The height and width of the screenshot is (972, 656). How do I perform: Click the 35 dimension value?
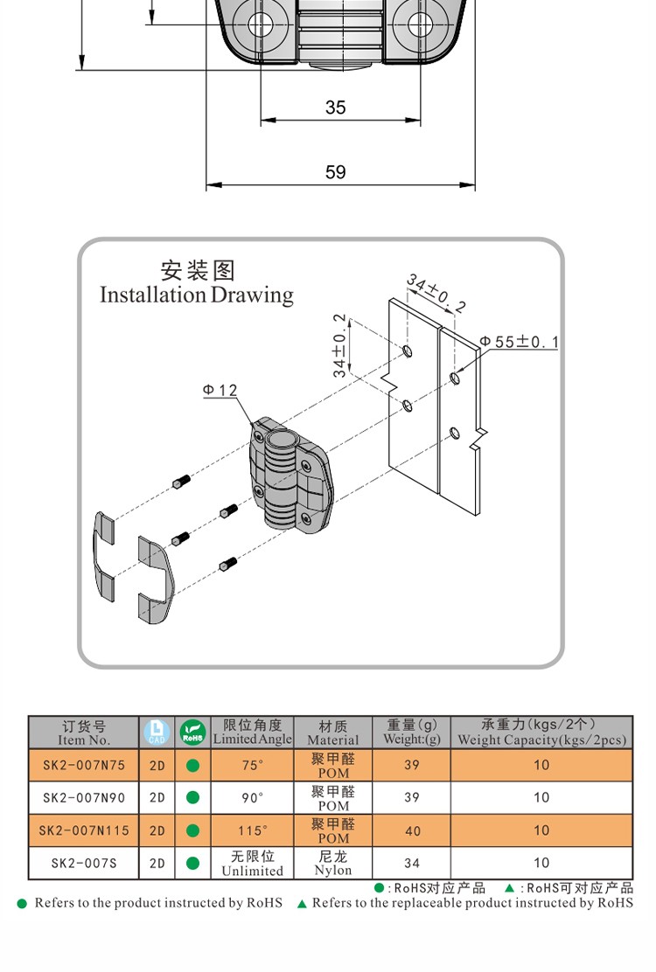click(336, 108)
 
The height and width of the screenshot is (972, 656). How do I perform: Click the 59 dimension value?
click(336, 172)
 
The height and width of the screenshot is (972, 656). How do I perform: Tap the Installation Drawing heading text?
click(197, 295)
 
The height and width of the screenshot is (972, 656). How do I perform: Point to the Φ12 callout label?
click(220, 390)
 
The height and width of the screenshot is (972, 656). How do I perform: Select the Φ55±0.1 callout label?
click(518, 342)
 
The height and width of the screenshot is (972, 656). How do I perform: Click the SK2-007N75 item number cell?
click(84, 765)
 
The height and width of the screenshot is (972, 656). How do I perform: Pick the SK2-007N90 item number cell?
click(84, 797)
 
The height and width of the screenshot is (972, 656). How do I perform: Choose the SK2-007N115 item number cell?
click(84, 830)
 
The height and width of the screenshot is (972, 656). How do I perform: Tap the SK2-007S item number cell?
click(84, 863)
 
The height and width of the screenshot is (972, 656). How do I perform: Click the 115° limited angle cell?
click(252, 830)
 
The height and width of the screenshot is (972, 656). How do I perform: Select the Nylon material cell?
click(333, 863)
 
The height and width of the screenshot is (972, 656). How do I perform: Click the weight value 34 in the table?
click(412, 863)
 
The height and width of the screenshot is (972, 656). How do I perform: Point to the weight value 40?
click(412, 830)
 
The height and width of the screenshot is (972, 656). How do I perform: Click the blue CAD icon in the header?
click(157, 732)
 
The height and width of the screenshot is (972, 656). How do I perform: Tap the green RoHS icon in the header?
click(192, 732)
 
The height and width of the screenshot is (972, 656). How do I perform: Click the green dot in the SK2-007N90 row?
click(192, 797)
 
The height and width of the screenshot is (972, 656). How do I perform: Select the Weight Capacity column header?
click(541, 732)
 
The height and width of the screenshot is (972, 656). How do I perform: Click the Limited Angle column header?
click(252, 732)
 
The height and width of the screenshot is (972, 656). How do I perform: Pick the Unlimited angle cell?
click(252, 863)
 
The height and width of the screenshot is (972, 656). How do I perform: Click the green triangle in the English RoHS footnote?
click(302, 903)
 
